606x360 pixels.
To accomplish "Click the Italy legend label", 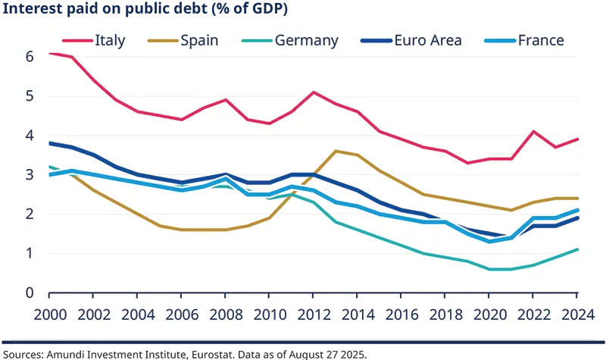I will click(x=110, y=40).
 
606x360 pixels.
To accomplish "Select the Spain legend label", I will click(x=200, y=40).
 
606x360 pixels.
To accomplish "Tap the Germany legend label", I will click(x=306, y=40).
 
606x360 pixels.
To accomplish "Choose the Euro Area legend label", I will click(x=427, y=40).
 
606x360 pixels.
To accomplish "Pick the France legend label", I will click(x=541, y=40).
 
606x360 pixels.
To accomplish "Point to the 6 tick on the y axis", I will click(x=29, y=57).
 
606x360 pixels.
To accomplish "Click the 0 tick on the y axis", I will click(x=29, y=293).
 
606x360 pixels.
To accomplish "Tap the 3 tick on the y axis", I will click(x=29, y=175).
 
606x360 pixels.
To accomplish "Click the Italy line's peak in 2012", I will click(x=314, y=92).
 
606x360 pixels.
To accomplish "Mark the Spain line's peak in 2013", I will click(x=336, y=151).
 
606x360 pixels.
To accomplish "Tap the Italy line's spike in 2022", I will click(x=534, y=132).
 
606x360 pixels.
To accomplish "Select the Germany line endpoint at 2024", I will click(x=578, y=249).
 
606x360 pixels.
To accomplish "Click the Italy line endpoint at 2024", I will click(x=578, y=139).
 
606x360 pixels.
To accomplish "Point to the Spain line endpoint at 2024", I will click(x=578, y=199).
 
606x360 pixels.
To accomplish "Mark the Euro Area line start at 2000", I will click(x=49, y=143).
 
